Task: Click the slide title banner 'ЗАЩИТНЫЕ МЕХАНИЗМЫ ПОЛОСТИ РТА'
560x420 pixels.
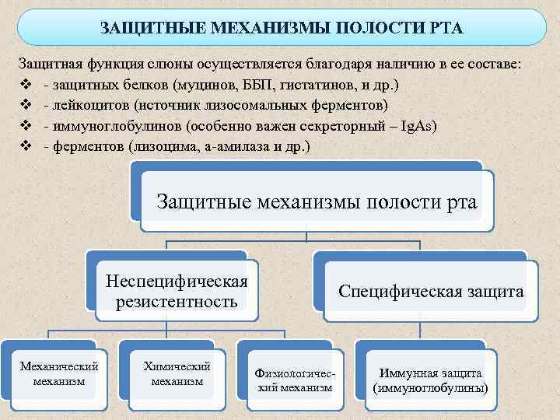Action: coord(281,28)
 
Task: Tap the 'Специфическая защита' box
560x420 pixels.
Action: coord(431,292)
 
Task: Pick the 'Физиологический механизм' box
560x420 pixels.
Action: coord(295,380)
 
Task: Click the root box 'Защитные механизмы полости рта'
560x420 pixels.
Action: coord(317,202)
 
